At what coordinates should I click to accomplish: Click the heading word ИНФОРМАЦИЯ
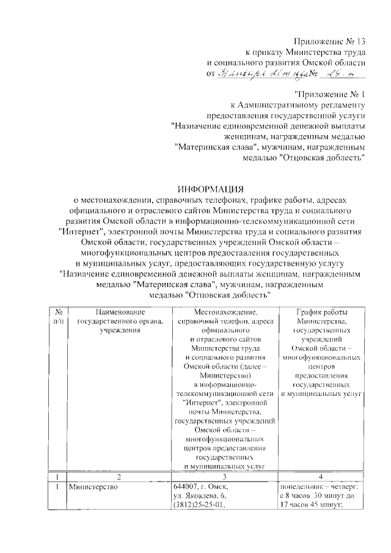pos(211,188)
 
